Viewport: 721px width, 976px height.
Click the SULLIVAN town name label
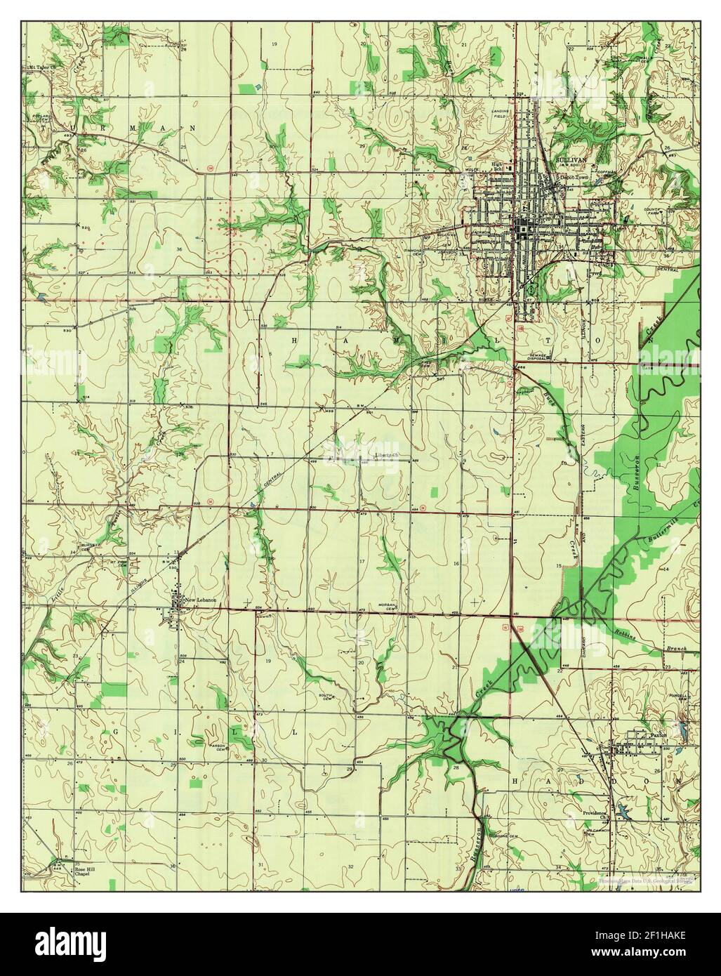click(570, 159)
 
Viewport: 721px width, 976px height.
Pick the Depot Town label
click(575, 178)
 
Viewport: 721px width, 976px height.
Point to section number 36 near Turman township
click(160, 249)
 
